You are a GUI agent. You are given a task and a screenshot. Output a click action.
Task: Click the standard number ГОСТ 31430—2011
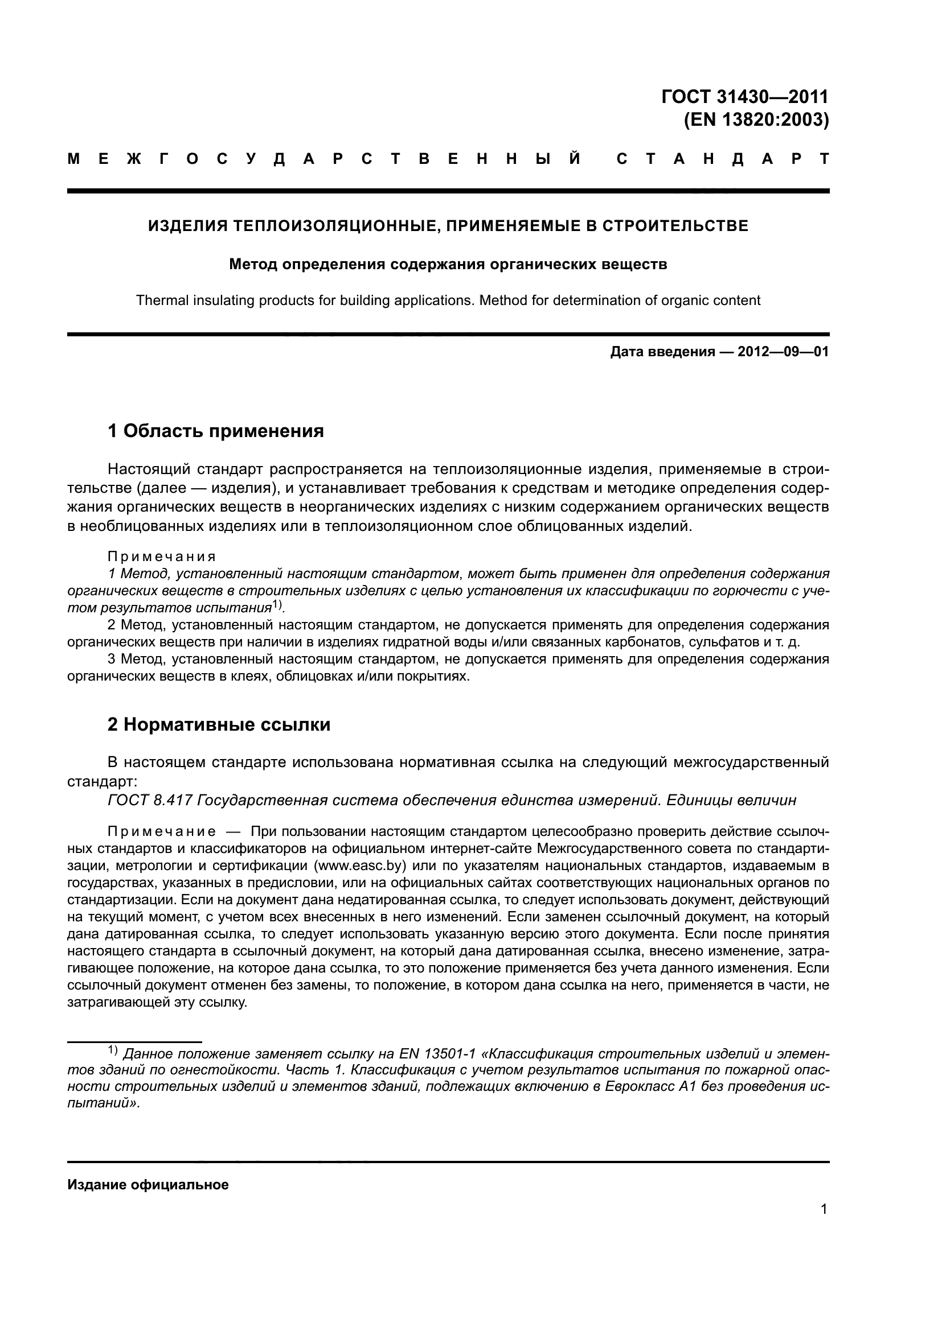click(745, 96)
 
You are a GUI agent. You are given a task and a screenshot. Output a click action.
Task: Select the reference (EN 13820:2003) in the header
click(756, 120)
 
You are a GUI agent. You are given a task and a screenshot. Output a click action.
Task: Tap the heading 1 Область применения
click(216, 431)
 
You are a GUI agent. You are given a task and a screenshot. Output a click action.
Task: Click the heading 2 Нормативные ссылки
click(219, 724)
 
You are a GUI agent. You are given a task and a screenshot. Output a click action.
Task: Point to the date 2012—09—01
click(783, 351)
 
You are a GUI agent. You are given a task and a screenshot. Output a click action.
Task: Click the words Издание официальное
click(148, 1184)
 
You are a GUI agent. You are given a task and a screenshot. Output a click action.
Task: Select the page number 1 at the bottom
click(824, 1209)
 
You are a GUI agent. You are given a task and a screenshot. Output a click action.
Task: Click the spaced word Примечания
click(162, 557)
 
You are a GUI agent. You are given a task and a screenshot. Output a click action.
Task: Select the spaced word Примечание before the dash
click(162, 832)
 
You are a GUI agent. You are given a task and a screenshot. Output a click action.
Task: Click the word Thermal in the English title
click(159, 300)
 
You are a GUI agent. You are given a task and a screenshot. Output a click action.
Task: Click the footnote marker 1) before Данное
click(113, 1050)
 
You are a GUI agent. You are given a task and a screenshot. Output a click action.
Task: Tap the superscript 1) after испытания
click(278, 605)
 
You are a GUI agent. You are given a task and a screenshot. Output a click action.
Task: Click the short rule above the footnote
click(134, 1041)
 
